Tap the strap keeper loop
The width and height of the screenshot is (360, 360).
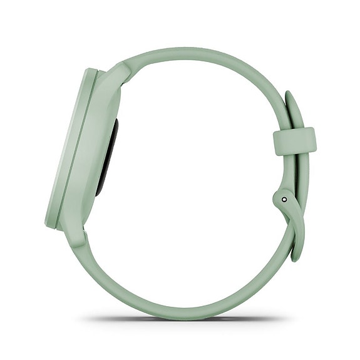tap(294, 141)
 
